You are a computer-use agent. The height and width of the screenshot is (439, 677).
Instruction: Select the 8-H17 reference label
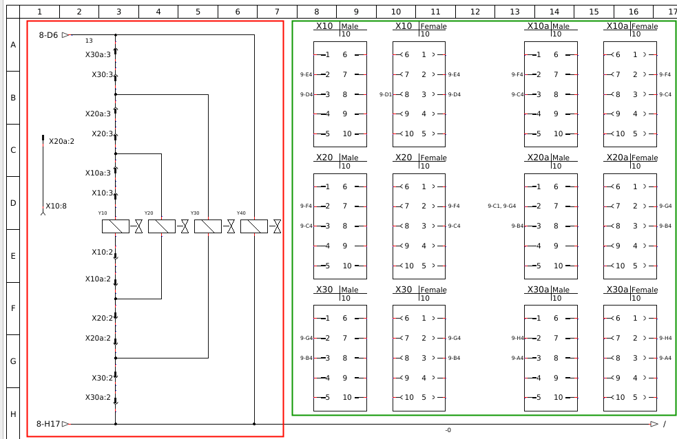click(x=50, y=425)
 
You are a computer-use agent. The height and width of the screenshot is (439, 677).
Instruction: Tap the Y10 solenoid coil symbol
click(x=115, y=226)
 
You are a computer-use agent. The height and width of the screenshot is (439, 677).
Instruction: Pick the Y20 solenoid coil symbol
click(x=161, y=226)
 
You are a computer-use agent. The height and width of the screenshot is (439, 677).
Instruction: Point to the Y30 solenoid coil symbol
click(x=207, y=226)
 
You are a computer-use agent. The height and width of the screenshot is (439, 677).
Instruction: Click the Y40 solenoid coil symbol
click(x=253, y=226)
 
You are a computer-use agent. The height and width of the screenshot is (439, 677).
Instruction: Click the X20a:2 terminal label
click(x=61, y=141)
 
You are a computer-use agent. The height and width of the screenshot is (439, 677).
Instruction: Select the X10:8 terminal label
click(x=56, y=206)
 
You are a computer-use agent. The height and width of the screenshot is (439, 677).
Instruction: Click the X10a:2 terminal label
click(x=98, y=279)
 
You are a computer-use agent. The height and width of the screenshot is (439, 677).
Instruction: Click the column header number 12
click(x=475, y=12)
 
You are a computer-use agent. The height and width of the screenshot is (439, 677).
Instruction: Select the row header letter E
click(x=12, y=256)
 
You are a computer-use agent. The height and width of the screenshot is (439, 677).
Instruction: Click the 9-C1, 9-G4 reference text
click(x=501, y=206)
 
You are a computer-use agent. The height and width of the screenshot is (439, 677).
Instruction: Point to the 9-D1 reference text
click(x=386, y=94)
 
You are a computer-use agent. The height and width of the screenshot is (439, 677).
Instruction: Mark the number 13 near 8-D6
click(x=89, y=41)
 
